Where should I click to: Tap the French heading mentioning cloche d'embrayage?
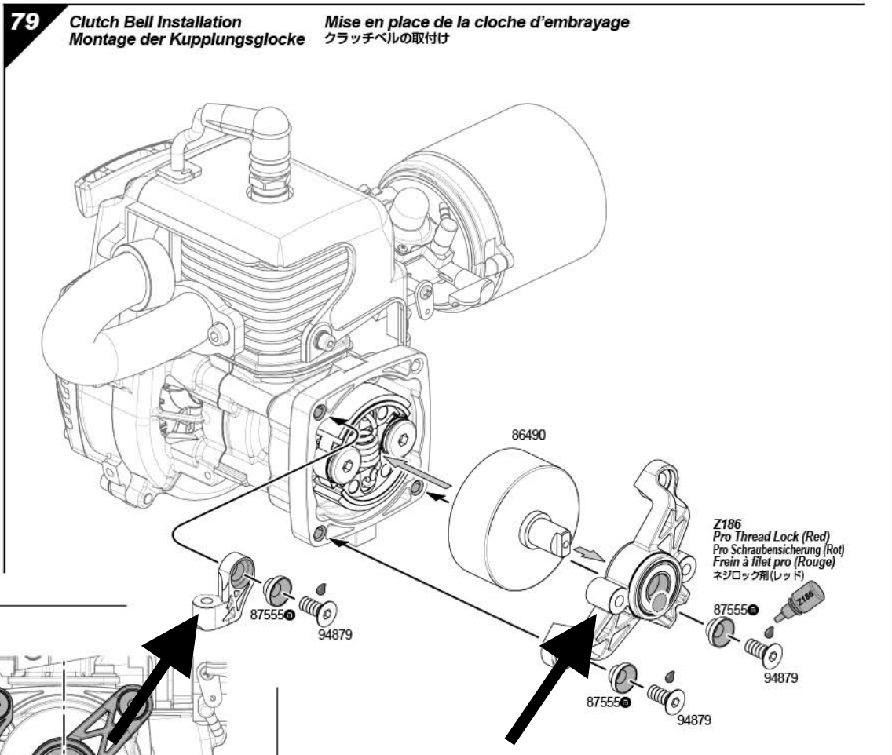[476, 23]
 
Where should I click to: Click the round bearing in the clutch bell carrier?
[658, 588]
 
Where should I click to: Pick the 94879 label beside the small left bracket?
[330, 634]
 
